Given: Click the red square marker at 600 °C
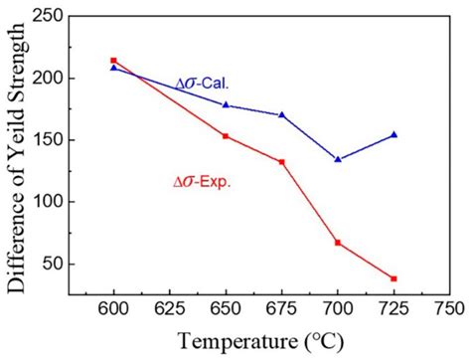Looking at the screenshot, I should (113, 61).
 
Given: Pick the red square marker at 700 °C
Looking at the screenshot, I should (338, 242).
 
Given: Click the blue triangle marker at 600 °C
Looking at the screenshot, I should (113, 68).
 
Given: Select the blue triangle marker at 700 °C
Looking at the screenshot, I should (338, 159).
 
